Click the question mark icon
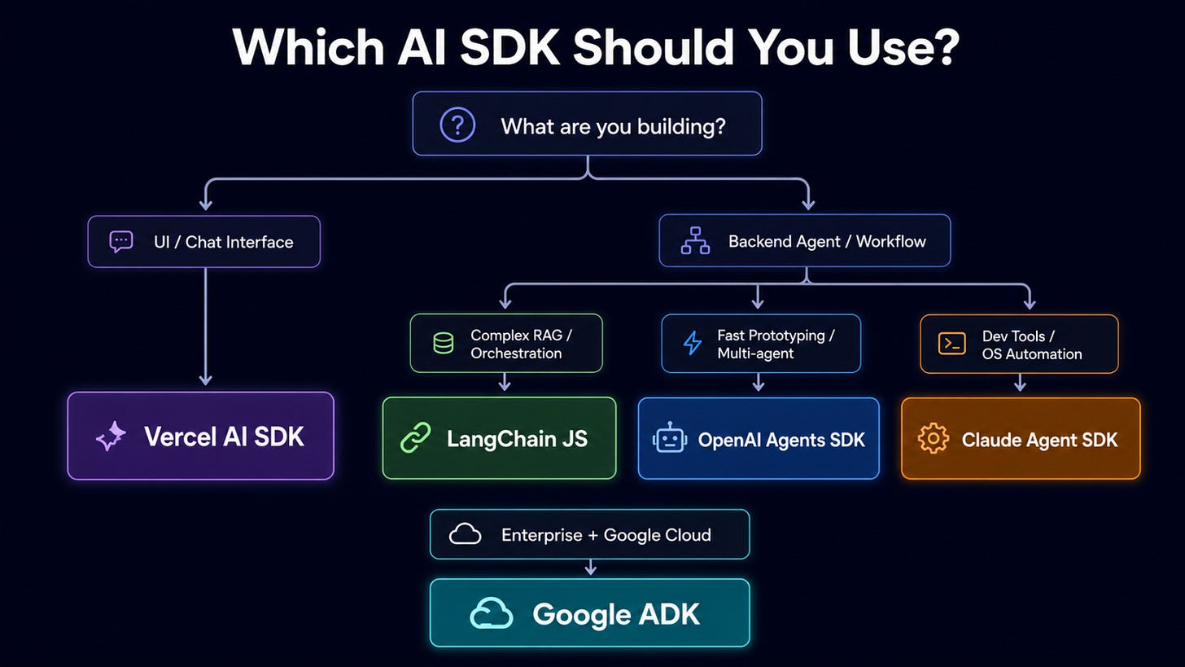click(457, 125)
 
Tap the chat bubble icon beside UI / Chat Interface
click(121, 242)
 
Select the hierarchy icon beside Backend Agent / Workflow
click(695, 241)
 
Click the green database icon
click(444, 343)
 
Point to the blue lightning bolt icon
click(692, 343)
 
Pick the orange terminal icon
click(951, 344)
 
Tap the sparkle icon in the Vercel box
click(111, 437)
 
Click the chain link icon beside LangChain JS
click(416, 438)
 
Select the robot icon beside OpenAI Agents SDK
click(670, 438)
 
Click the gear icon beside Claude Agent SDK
click(933, 438)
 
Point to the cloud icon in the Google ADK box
click(491, 613)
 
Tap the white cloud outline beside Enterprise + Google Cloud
click(465, 534)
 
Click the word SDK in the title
click(510, 46)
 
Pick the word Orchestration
click(516, 353)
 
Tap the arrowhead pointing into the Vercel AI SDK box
click(205, 380)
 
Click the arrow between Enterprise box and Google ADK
click(590, 567)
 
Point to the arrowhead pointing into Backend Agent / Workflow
click(808, 204)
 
